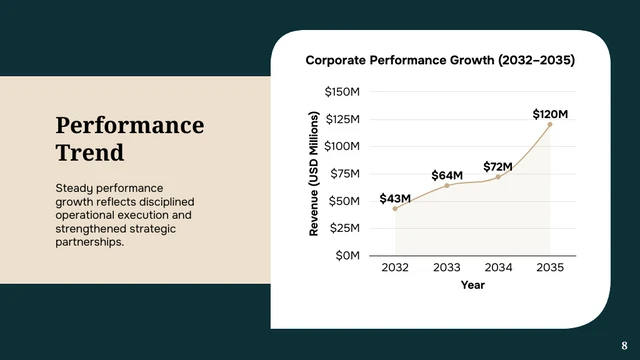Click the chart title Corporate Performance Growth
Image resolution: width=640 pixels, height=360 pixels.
pyautogui.click(x=440, y=60)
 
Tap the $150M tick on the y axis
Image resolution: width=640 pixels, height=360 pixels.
pyautogui.click(x=343, y=92)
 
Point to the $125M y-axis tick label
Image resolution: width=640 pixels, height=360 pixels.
pyautogui.click(x=343, y=120)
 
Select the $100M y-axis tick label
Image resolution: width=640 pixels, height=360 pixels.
pyautogui.click(x=343, y=147)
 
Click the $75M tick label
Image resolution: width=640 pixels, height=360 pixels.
pyautogui.click(x=345, y=174)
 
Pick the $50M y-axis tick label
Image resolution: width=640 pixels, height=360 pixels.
pyautogui.click(x=345, y=201)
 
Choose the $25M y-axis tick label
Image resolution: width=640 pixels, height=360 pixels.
pyautogui.click(x=345, y=228)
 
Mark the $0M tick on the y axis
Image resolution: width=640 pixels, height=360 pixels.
pyautogui.click(x=348, y=256)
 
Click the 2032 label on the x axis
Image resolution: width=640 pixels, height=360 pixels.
pyautogui.click(x=395, y=268)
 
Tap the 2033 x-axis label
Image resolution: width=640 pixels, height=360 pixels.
pyautogui.click(x=446, y=268)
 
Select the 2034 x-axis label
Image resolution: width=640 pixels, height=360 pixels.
pyautogui.click(x=498, y=268)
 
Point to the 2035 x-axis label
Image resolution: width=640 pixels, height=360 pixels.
pyautogui.click(x=549, y=268)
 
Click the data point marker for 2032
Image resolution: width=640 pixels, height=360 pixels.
pyautogui.click(x=395, y=209)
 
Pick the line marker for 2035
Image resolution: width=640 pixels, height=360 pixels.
pyautogui.click(x=549, y=125)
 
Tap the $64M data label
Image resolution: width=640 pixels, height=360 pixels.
pyautogui.click(x=446, y=176)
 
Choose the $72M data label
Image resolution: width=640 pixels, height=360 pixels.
pyautogui.click(x=498, y=166)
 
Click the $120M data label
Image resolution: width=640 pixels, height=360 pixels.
pyautogui.click(x=549, y=114)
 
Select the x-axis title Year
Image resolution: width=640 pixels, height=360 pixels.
pyautogui.click(x=472, y=286)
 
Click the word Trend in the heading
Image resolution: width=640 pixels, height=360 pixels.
pyautogui.click(x=90, y=153)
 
